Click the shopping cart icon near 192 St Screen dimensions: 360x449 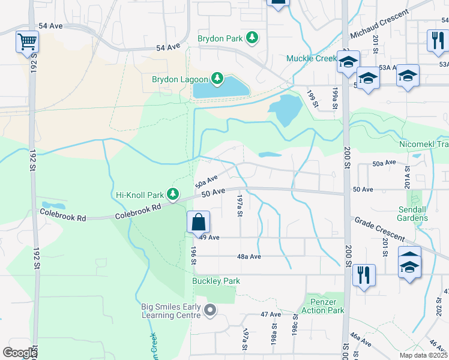[x=26, y=43]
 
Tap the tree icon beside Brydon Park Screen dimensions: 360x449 [x=253, y=38]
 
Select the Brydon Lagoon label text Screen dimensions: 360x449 [x=179, y=79]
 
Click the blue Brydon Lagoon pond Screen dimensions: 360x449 [x=220, y=89]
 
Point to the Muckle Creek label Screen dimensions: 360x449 [x=312, y=58]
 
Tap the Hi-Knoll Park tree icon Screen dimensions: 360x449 [x=173, y=194]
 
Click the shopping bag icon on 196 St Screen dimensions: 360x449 [x=198, y=223]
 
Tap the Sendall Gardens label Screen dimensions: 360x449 [x=413, y=214]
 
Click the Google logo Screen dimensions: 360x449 [x=20, y=353]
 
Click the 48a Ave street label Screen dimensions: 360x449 [x=249, y=256]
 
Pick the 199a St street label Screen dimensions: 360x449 [x=334, y=98]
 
